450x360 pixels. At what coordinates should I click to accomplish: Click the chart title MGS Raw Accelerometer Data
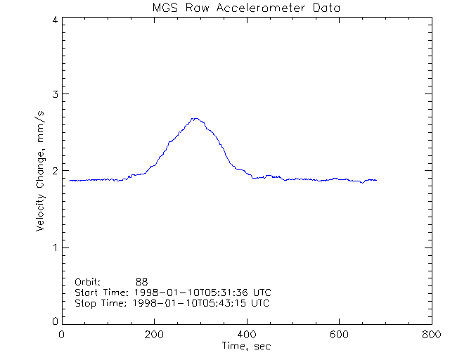[247, 8]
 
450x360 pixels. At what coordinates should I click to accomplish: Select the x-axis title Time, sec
[247, 346]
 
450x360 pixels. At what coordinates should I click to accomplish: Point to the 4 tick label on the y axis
[54, 20]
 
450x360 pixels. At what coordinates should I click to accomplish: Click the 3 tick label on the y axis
[54, 95]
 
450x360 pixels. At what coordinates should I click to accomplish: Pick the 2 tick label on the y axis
[54, 171]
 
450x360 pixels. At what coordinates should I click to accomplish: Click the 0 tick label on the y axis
[54, 321]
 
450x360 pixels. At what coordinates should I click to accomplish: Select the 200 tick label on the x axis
[155, 335]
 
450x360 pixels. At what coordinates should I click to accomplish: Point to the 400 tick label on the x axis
[247, 335]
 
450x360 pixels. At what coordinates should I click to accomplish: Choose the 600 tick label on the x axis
[339, 335]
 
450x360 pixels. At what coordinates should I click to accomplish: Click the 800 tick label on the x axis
[431, 335]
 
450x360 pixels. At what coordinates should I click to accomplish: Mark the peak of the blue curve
[195, 119]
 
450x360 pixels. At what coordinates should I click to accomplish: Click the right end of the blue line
[376, 181]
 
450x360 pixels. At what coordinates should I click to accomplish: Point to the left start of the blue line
[70, 181]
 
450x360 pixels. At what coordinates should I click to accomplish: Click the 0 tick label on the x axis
[63, 335]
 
